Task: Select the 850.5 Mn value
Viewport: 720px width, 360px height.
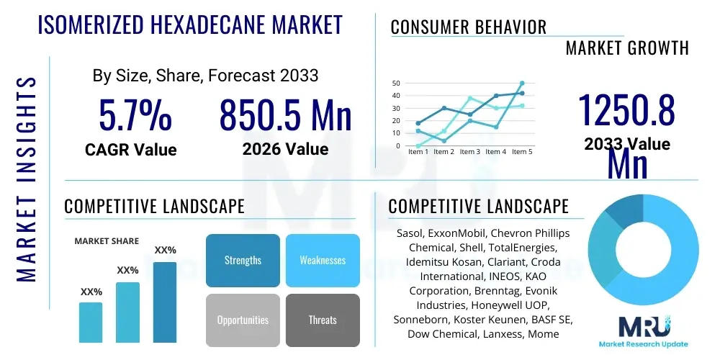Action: [285, 115]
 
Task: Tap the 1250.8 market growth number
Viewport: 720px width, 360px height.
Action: [627, 111]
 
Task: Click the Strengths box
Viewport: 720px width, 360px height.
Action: [243, 260]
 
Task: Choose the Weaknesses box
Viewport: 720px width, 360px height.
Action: [323, 260]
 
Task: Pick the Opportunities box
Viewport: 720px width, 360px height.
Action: [243, 320]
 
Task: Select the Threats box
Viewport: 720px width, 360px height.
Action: [323, 320]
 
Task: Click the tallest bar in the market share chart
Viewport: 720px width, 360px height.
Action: [165, 302]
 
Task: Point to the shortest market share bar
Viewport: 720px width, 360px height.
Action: [91, 322]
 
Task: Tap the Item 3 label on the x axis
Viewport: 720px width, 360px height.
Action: [470, 152]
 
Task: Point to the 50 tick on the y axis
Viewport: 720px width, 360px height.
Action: [395, 84]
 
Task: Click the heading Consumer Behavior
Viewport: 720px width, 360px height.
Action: [468, 27]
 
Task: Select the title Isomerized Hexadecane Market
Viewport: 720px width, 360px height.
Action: [189, 24]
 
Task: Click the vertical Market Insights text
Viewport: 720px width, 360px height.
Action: [26, 178]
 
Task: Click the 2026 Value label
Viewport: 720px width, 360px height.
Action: [285, 149]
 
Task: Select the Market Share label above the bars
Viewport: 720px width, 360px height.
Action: [107, 241]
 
